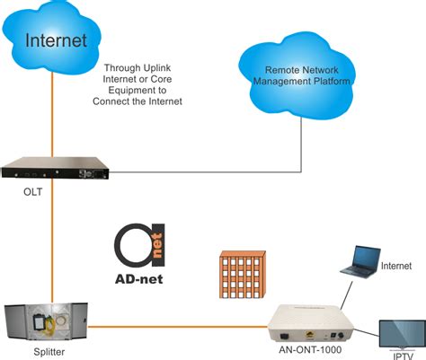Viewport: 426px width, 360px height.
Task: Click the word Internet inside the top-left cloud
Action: click(x=57, y=40)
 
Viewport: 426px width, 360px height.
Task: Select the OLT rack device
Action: click(x=58, y=167)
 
